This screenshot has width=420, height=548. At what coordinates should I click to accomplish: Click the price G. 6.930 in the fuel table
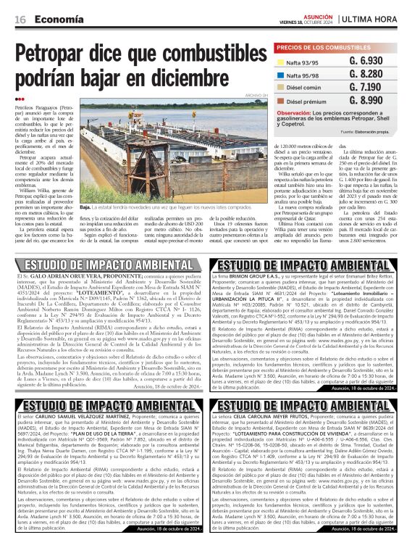(x=365, y=61)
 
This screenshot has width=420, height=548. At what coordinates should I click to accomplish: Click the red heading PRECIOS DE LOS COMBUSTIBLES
(x=319, y=47)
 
